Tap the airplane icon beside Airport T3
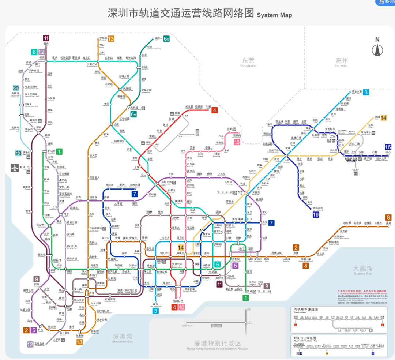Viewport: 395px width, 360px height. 15,168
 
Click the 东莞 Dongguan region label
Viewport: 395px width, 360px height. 248,62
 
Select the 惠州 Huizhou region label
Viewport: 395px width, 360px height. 342,62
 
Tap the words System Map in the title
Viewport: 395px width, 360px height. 274,15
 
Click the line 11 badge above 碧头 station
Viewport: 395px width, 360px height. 46,38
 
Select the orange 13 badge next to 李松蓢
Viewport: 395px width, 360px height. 111,39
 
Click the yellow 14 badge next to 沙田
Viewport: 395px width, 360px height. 384,117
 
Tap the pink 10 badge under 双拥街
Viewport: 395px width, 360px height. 237,142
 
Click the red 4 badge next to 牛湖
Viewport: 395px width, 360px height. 215,110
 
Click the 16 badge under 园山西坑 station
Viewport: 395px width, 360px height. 316,215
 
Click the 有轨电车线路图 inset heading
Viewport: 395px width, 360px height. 306,310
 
